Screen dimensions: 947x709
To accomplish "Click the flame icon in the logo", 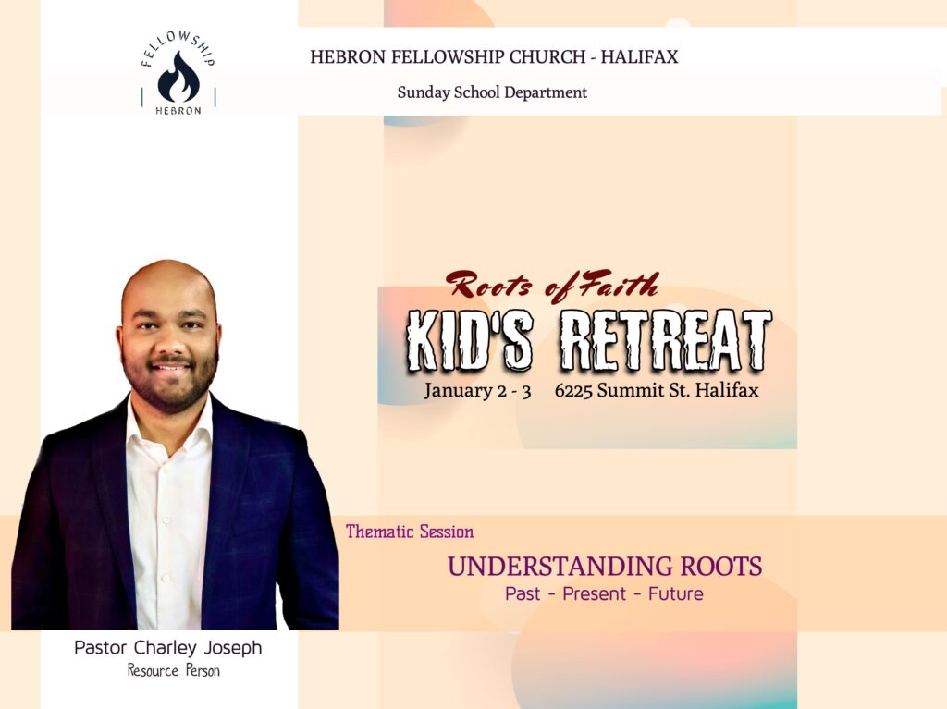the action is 178,78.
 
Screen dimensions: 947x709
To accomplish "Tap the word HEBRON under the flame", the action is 178,111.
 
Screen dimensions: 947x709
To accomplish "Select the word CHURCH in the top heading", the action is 547,56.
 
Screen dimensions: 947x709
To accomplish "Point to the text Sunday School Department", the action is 492,92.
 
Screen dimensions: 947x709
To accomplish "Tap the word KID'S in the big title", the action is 469,340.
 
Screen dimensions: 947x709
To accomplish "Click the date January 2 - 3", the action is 477,391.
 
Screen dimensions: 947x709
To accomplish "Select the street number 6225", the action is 573,391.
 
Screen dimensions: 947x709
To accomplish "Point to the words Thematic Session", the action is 410,532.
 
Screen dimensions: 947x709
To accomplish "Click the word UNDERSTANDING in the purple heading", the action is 560,567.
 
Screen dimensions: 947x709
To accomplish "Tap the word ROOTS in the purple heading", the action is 721,567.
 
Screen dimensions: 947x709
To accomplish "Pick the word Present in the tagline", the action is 595,593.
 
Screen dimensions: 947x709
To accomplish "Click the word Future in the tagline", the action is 676,593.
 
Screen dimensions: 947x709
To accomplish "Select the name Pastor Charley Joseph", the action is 168,647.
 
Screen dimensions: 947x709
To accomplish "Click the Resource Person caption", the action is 173,670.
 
